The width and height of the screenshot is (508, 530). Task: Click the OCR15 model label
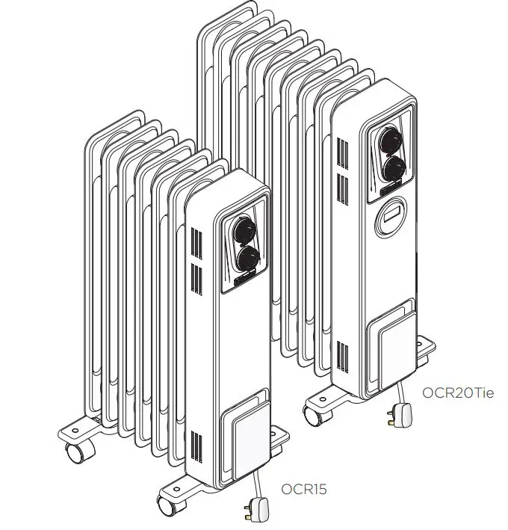click(x=304, y=490)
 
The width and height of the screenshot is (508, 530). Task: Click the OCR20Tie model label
click(x=458, y=392)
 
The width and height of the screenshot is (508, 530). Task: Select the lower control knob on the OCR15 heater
click(x=247, y=259)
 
